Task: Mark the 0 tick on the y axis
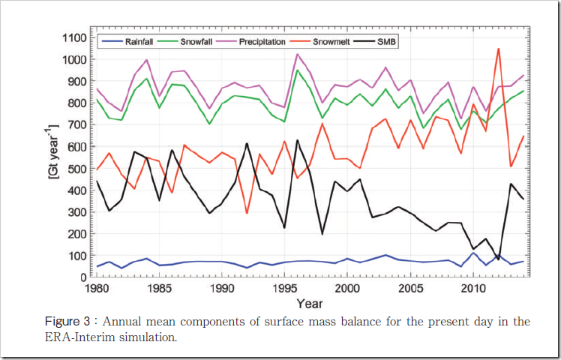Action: (84, 277)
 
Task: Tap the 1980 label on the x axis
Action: (96, 289)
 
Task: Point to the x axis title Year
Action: (310, 304)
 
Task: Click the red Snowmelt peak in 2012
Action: (498, 49)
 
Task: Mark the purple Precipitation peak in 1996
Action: (297, 54)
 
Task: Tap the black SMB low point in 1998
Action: (322, 234)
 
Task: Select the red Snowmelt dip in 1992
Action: (247, 213)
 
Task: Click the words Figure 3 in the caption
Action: (67, 322)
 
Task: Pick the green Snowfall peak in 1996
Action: (297, 70)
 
